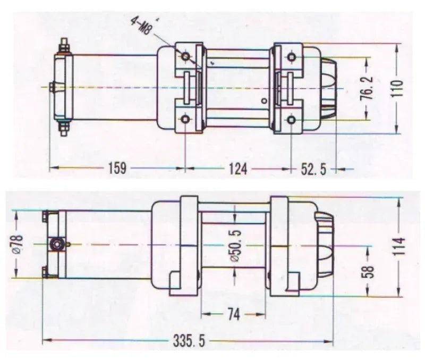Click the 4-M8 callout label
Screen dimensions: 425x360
click(141, 26)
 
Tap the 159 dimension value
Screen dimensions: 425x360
click(117, 168)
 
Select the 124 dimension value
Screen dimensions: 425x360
click(238, 169)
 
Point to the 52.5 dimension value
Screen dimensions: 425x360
click(313, 170)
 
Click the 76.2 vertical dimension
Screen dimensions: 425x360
click(368, 88)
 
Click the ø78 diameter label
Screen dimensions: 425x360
click(18, 244)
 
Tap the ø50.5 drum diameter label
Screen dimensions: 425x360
click(235, 246)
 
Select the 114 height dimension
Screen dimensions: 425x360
click(399, 246)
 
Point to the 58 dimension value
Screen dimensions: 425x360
click(368, 272)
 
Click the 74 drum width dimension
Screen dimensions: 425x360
click(233, 314)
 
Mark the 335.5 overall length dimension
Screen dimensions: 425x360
click(189, 341)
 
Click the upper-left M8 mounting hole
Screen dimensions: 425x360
click(185, 56)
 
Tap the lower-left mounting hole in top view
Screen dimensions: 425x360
click(185, 119)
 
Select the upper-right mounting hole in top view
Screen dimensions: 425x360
click(292, 57)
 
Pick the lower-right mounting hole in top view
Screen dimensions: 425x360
click(291, 120)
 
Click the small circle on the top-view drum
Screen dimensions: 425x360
click(265, 101)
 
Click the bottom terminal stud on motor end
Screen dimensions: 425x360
click(64, 128)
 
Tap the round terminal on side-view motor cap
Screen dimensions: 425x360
click(57, 244)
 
